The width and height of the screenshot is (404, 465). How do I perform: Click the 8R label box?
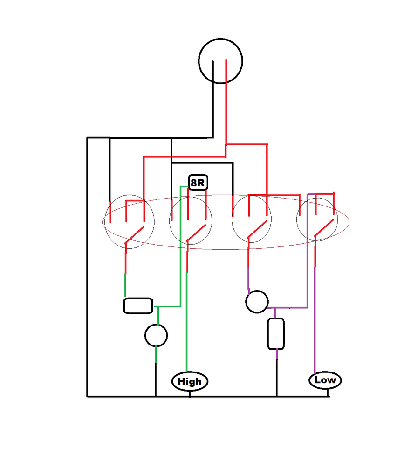pyautogui.click(x=198, y=182)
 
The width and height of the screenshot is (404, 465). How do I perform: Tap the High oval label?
pyautogui.click(x=190, y=381)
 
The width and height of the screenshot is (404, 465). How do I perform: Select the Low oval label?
pyautogui.click(x=325, y=380)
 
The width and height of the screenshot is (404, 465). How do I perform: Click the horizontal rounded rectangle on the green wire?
pyautogui.click(x=138, y=306)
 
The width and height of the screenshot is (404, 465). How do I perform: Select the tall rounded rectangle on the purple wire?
pyautogui.click(x=276, y=333)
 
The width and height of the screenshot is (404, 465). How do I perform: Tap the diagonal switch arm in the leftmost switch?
pyautogui.click(x=134, y=235)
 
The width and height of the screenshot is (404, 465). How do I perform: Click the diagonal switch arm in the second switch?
pyautogui.click(x=196, y=233)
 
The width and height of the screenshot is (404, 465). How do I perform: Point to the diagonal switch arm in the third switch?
pyautogui.click(x=257, y=229)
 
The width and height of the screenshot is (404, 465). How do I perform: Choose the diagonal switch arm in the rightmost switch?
pyautogui.click(x=324, y=228)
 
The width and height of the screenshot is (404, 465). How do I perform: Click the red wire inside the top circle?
pyautogui.click(x=226, y=72)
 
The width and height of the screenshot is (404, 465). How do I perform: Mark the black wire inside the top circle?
pyautogui.click(x=213, y=73)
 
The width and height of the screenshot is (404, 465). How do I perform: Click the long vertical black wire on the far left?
pyautogui.click(x=87, y=267)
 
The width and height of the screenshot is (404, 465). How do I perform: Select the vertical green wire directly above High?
pyautogui.click(x=187, y=321)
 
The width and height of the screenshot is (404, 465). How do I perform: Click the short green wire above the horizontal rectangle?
pyautogui.click(x=125, y=285)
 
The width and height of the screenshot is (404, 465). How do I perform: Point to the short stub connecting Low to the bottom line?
pyautogui.click(x=328, y=392)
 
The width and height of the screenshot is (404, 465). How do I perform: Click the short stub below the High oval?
pyautogui.click(x=190, y=394)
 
